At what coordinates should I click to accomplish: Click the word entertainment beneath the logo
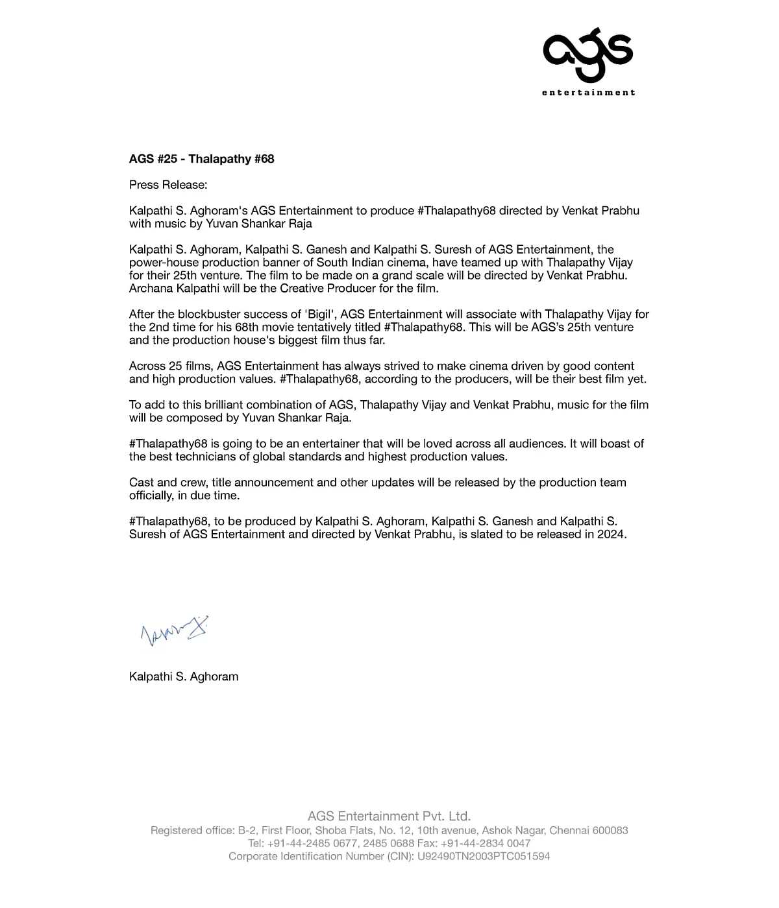pos(588,92)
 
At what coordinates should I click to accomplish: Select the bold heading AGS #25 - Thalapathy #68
pos(201,159)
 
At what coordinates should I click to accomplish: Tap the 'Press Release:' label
pos(168,185)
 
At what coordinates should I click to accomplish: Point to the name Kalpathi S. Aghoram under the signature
pos(184,676)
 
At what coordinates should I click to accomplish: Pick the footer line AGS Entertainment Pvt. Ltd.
pos(389,816)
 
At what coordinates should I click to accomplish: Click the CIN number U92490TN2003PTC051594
pos(484,856)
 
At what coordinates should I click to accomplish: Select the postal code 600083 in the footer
pos(610,830)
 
